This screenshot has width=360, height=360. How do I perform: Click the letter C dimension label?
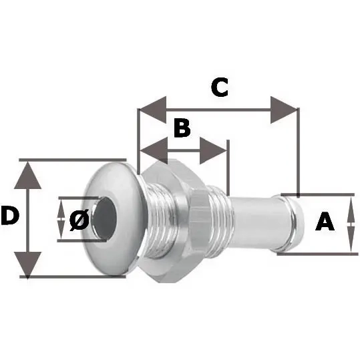coord(220,87)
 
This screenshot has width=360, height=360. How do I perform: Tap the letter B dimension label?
coord(182,128)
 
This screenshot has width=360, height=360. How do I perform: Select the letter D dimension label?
coord(10,215)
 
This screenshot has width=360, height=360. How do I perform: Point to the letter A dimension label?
coord(325,221)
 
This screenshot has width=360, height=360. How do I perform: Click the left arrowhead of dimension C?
coord(153,110)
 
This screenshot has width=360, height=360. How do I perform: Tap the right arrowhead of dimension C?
coord(284,110)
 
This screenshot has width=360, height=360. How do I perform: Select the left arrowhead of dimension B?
coord(154,151)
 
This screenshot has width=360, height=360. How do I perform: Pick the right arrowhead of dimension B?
coord(213,151)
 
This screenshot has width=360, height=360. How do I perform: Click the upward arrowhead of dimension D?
coord(28,175)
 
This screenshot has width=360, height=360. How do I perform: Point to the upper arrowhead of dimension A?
coord(351,210)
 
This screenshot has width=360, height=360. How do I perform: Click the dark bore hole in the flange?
coord(105,218)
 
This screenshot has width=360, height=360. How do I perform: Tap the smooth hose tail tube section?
coord(252,222)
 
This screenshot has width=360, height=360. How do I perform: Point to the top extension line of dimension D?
coord(73,160)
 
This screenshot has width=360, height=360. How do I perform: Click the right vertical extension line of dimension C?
coord(299,152)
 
